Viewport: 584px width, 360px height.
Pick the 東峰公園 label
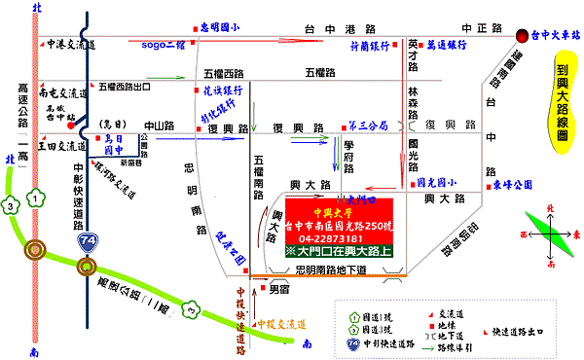[513, 182]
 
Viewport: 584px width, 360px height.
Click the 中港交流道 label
[72, 44]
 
